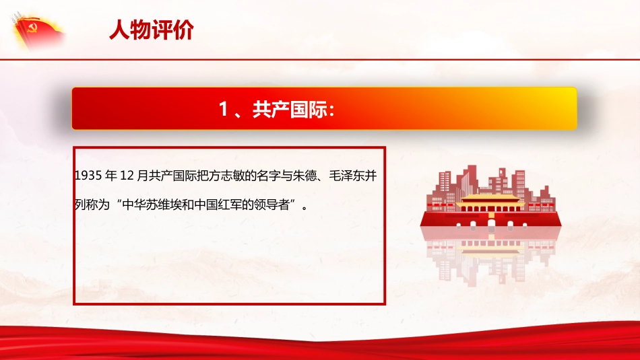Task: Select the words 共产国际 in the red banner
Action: pyautogui.click(x=282, y=110)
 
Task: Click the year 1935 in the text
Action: pyautogui.click(x=88, y=176)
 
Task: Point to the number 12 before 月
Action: pyautogui.click(x=128, y=176)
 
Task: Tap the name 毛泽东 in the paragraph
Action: pyautogui.click(x=350, y=176)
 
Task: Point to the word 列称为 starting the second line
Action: pyautogui.click(x=88, y=205)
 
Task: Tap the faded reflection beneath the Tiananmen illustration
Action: pyautogui.click(x=490, y=256)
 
